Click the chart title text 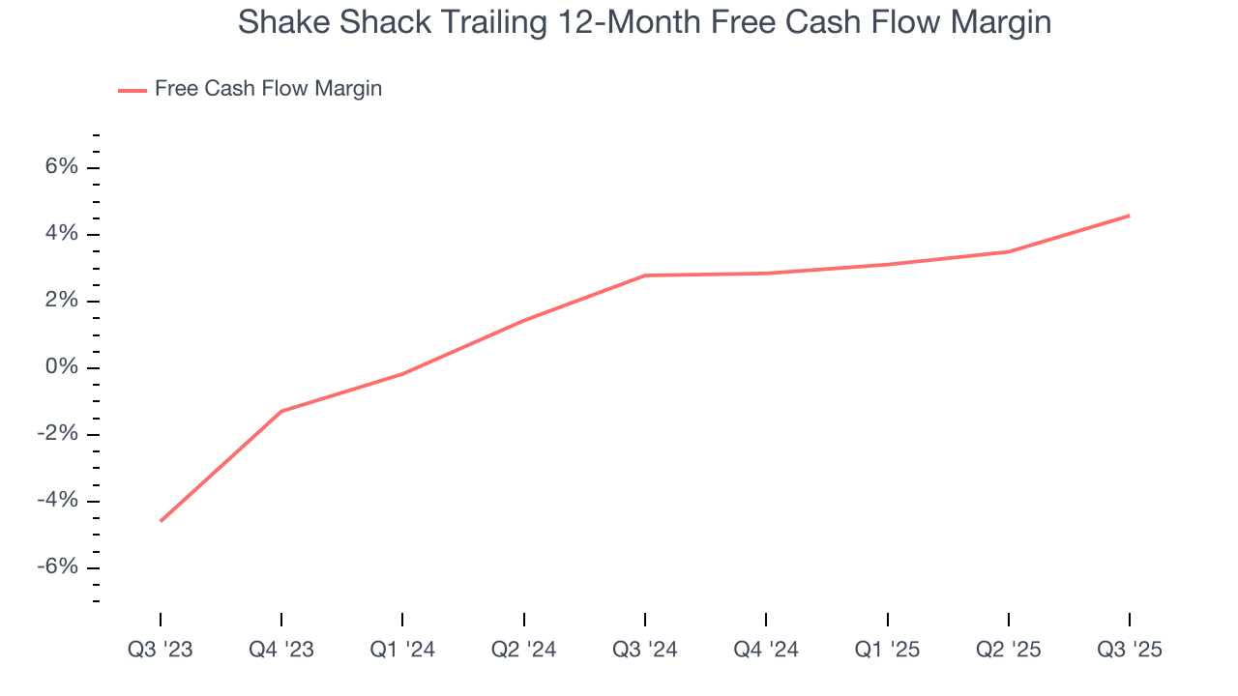pyautogui.click(x=644, y=21)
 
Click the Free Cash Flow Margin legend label pyautogui.click(x=268, y=89)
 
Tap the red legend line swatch pyautogui.click(x=133, y=90)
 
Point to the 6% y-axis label pyautogui.click(x=60, y=167)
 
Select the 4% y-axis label pyautogui.click(x=60, y=234)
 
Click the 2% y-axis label pyautogui.click(x=60, y=301)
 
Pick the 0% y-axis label pyautogui.click(x=60, y=367)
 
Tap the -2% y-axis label pyautogui.click(x=56, y=434)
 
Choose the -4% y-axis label pyautogui.click(x=56, y=501)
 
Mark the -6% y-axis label pyautogui.click(x=56, y=567)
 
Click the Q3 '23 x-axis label pyautogui.click(x=161, y=650)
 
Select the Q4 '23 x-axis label pyautogui.click(x=281, y=650)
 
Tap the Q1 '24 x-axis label pyautogui.click(x=402, y=650)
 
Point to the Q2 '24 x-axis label pyautogui.click(x=524, y=650)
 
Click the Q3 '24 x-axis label pyautogui.click(x=645, y=650)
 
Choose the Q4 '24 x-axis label pyautogui.click(x=766, y=650)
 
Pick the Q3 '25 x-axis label pyautogui.click(x=1130, y=650)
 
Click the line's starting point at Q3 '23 pyautogui.click(x=161, y=521)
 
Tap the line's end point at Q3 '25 pyautogui.click(x=1129, y=216)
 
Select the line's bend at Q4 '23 pyautogui.click(x=281, y=412)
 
